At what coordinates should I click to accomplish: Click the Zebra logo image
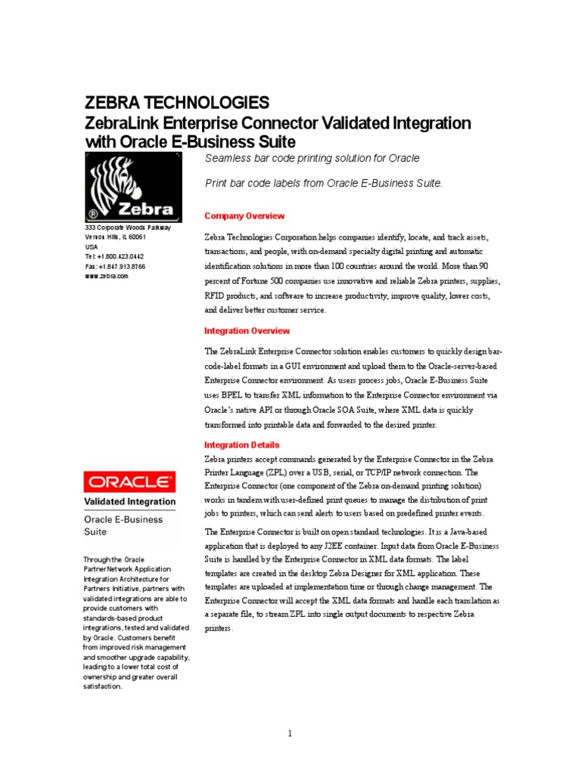[x=132, y=186]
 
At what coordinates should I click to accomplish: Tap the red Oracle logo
[x=129, y=481]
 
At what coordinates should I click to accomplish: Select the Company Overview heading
[x=244, y=216]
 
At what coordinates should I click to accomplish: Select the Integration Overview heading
[x=247, y=331]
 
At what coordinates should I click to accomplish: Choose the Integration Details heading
[x=242, y=445]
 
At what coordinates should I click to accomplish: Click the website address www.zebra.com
[x=107, y=276]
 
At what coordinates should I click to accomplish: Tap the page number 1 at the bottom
[x=289, y=733]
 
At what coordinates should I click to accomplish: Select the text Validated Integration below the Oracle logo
[x=129, y=501]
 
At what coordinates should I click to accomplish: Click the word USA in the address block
[x=92, y=246]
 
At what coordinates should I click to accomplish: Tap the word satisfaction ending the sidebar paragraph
[x=102, y=686]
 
